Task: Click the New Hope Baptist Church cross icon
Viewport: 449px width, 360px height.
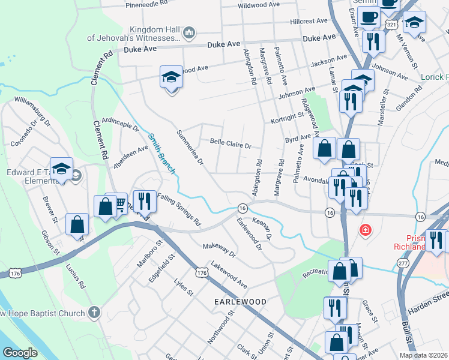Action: click(x=93, y=312)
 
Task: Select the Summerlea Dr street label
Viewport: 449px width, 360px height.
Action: click(x=190, y=147)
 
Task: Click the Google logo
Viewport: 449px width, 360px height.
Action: click(x=20, y=353)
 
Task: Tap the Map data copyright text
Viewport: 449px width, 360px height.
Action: click(x=423, y=355)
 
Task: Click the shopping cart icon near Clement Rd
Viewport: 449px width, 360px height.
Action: click(x=119, y=204)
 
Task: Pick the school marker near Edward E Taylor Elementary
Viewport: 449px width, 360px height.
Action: click(x=61, y=169)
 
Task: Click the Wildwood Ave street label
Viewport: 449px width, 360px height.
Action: click(x=259, y=5)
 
